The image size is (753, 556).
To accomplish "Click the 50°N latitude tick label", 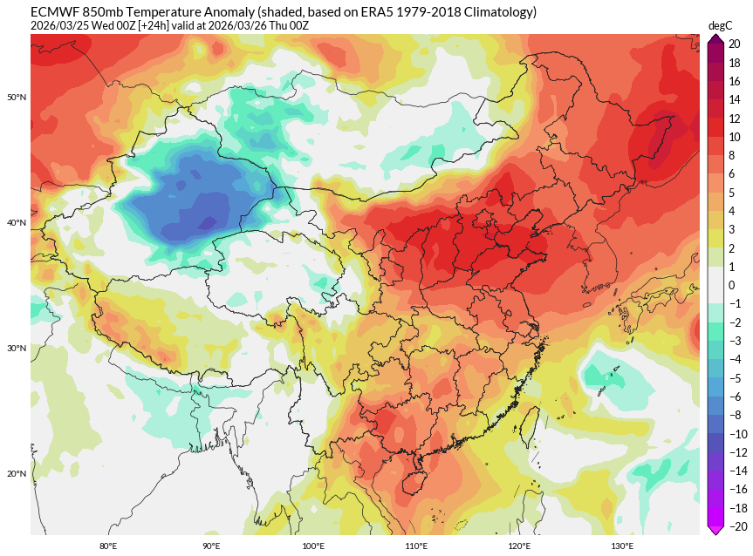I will [x=17, y=97].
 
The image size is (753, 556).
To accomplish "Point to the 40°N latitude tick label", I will [x=17, y=223].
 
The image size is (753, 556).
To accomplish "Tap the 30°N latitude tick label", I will [x=17, y=349].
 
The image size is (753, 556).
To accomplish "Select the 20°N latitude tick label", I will [x=17, y=474].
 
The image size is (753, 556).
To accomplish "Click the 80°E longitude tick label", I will [x=108, y=546].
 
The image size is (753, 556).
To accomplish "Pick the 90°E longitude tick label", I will [x=211, y=546].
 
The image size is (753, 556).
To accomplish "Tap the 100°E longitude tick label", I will [x=313, y=546].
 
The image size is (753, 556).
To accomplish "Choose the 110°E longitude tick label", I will [x=416, y=546].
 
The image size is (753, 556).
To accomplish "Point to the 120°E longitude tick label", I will [x=519, y=546].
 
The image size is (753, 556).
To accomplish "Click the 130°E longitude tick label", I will [x=622, y=546].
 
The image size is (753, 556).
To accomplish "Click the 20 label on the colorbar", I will [x=735, y=44].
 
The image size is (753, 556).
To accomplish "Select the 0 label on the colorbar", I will [x=732, y=285].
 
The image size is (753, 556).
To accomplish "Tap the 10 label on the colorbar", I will [x=735, y=137].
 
